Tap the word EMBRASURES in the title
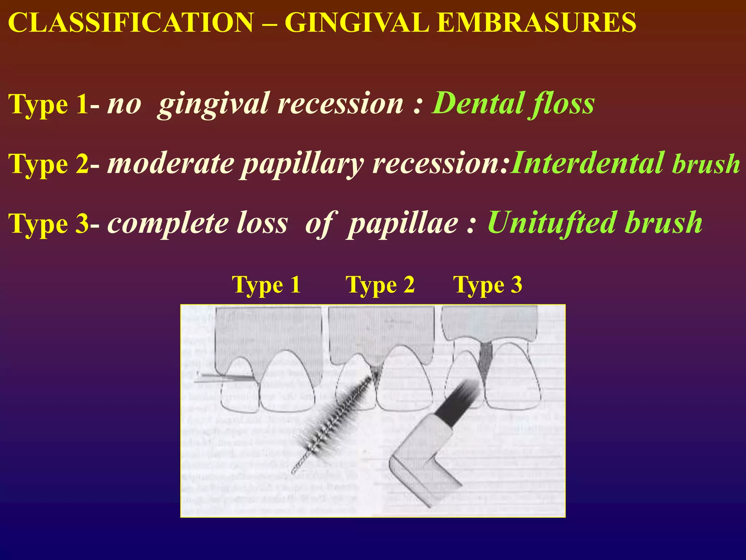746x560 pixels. pyautogui.click(x=537, y=23)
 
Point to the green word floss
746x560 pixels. pyautogui.click(x=563, y=104)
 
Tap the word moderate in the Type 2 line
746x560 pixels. pyautogui.click(x=171, y=163)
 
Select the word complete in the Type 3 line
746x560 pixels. pyautogui.click(x=167, y=223)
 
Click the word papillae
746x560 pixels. pyautogui.click(x=403, y=223)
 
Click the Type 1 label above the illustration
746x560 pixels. pyautogui.click(x=266, y=285)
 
